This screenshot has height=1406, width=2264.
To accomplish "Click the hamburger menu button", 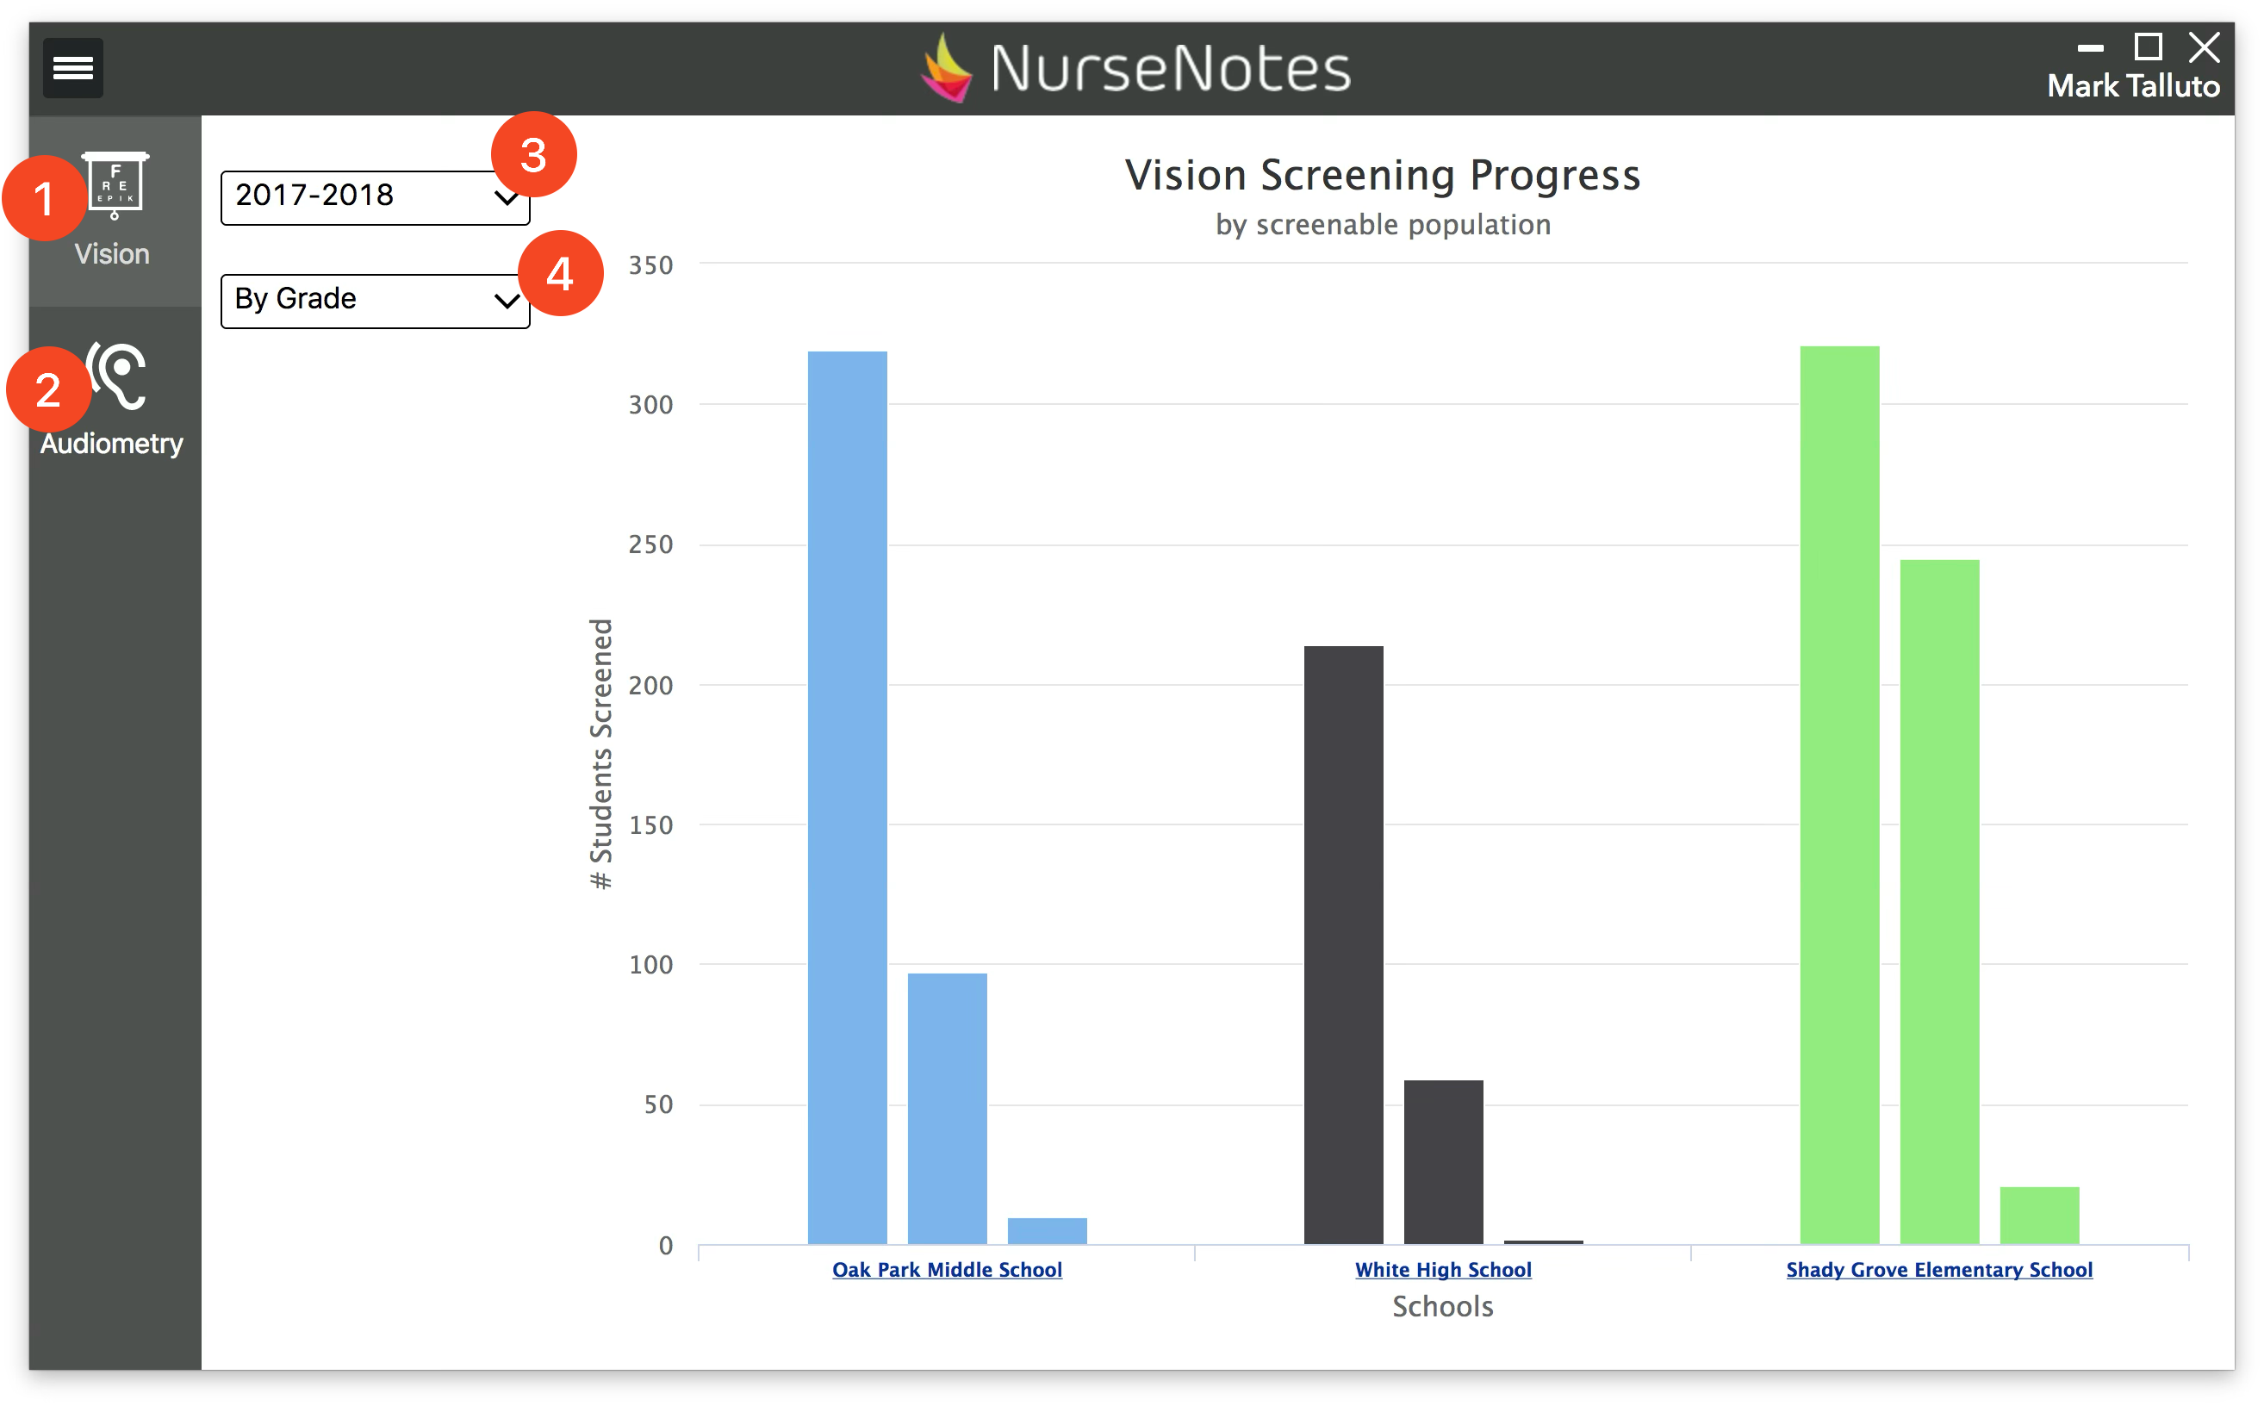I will [72, 68].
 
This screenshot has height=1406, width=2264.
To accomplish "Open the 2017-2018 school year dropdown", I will [375, 197].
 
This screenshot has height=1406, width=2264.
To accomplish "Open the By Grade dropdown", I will [375, 301].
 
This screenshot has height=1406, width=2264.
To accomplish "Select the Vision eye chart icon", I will [115, 185].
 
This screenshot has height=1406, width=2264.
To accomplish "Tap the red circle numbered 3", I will [533, 154].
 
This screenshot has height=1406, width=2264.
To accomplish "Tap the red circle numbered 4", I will [560, 273].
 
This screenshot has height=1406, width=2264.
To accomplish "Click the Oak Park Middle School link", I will [947, 1269].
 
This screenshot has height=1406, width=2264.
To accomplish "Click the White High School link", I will [1443, 1269].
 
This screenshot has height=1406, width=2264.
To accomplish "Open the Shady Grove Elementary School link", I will [1938, 1269].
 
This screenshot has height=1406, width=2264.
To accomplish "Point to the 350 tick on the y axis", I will [650, 266].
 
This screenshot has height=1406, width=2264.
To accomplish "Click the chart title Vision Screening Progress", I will [1383, 175].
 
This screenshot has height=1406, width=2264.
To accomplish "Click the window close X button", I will [2204, 47].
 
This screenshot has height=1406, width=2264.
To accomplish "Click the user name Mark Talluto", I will [2133, 86].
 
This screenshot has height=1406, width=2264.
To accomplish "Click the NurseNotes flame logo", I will [947, 68].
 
